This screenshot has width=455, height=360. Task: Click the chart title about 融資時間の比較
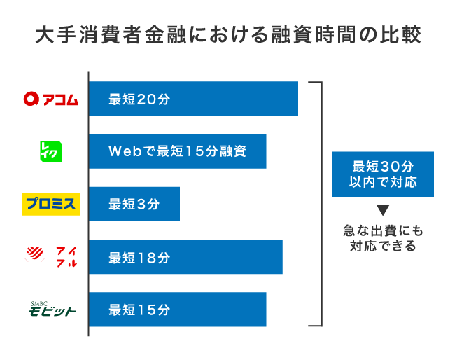227,35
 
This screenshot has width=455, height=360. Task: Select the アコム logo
51,99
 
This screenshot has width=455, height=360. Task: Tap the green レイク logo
51,151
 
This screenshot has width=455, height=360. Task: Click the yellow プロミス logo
51,204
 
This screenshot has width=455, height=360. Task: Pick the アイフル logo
51,256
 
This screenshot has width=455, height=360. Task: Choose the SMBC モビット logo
51,309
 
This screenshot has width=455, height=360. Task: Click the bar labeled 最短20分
193,99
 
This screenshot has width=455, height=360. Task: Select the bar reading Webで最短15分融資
177,151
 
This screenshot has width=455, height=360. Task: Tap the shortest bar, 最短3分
134,204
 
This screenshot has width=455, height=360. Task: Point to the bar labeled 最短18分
185,256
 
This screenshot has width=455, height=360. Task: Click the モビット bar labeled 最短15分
177,309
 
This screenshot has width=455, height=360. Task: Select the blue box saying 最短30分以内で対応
382,174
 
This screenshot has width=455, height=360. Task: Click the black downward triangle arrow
383,209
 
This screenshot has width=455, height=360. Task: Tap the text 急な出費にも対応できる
383,237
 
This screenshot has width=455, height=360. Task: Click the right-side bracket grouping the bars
321,203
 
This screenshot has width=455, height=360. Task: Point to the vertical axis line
89,203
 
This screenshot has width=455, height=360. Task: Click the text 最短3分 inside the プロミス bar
134,204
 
